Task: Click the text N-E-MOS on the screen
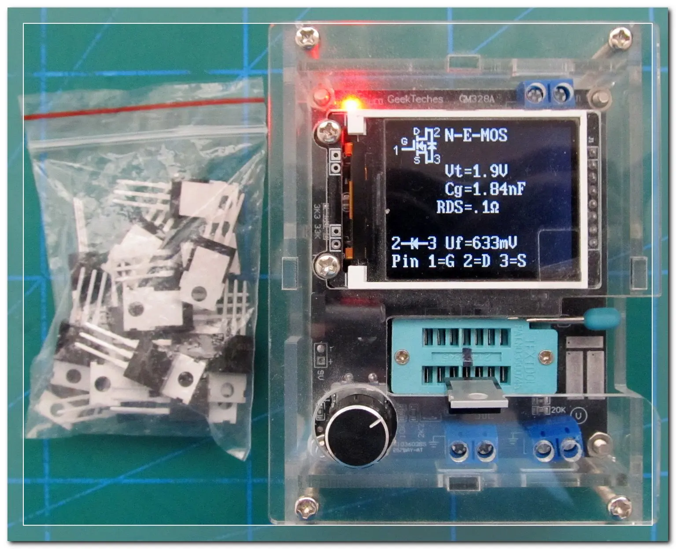tap(476, 135)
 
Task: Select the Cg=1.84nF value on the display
tap(485, 189)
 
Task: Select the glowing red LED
tap(351, 105)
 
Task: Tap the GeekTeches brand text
tap(415, 99)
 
